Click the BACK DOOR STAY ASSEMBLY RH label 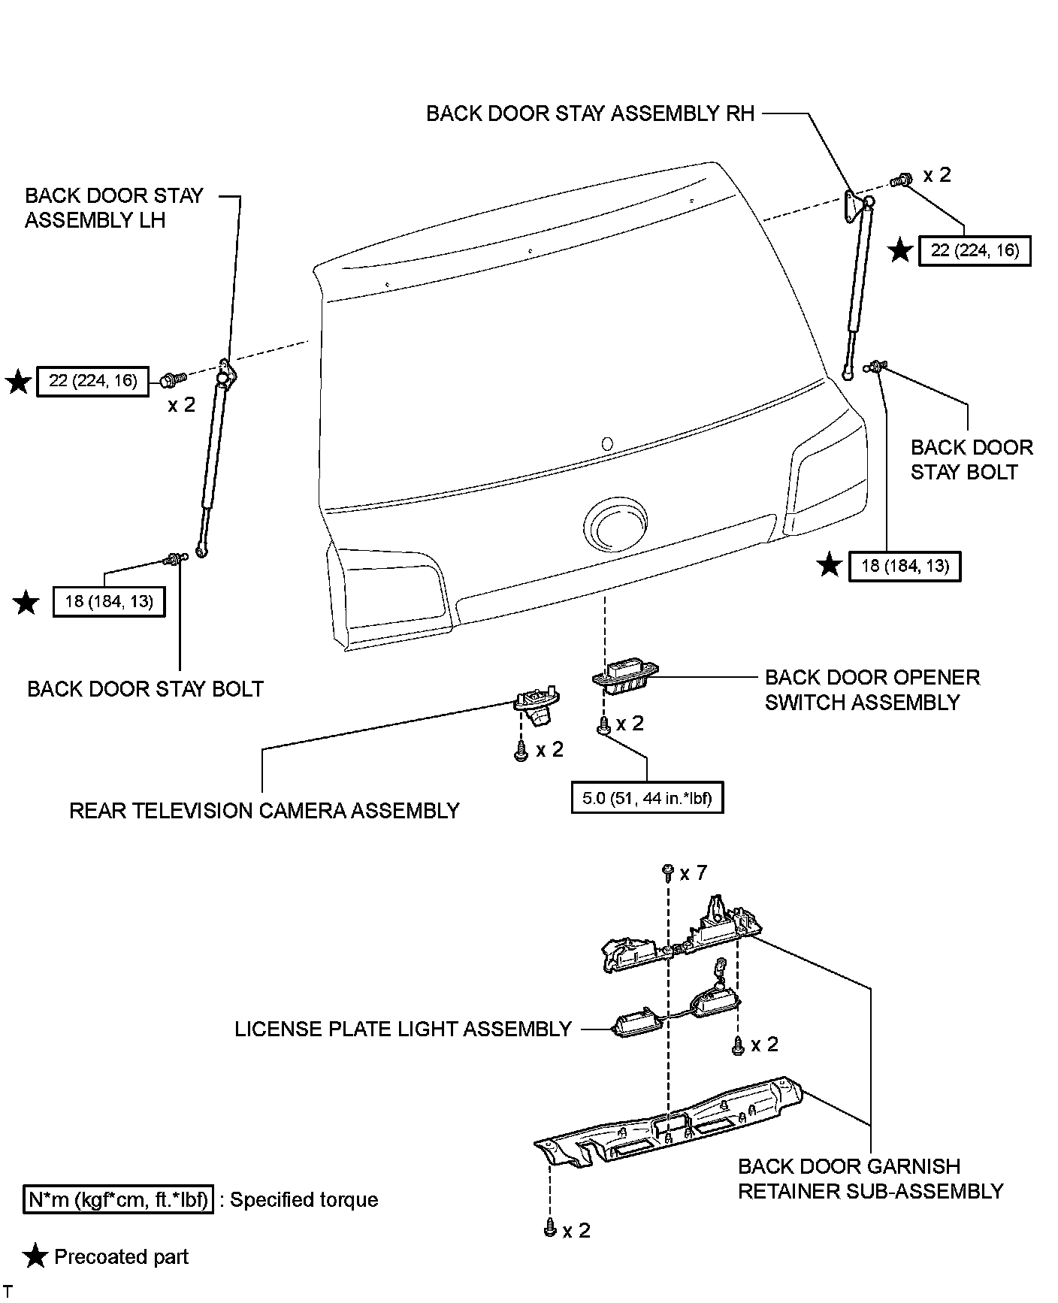coord(590,113)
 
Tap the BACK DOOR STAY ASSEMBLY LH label coord(113,207)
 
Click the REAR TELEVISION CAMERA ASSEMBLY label coord(264,811)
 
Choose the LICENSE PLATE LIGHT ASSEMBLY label coord(403,1029)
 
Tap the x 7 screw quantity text coord(693,873)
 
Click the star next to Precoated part coord(35,1257)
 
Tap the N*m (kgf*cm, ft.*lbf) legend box coord(119,1199)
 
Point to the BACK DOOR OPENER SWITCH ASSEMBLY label coord(872,690)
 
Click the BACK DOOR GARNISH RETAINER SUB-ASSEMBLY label coord(870,1178)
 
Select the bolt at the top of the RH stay coord(900,180)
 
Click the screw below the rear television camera coord(520,752)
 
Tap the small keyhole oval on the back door coord(607,444)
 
